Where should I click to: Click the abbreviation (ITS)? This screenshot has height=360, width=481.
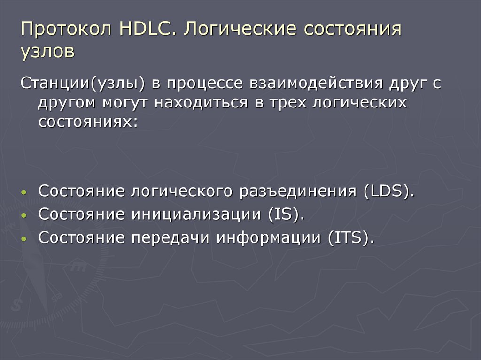pyautogui.click(x=351, y=237)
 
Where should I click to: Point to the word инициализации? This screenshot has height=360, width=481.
pyautogui.click(x=197, y=214)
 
